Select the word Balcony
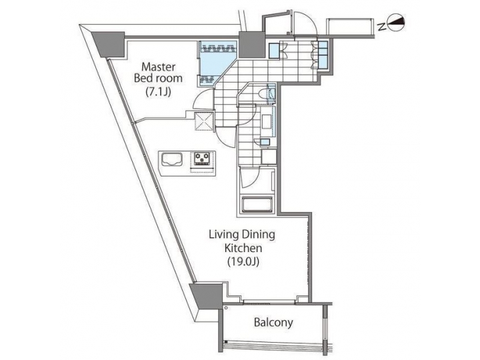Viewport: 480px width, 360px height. click(274, 323)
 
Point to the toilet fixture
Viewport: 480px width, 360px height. click(271, 94)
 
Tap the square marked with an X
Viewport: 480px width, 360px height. click(203, 121)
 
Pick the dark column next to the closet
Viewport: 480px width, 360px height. click(252, 45)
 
